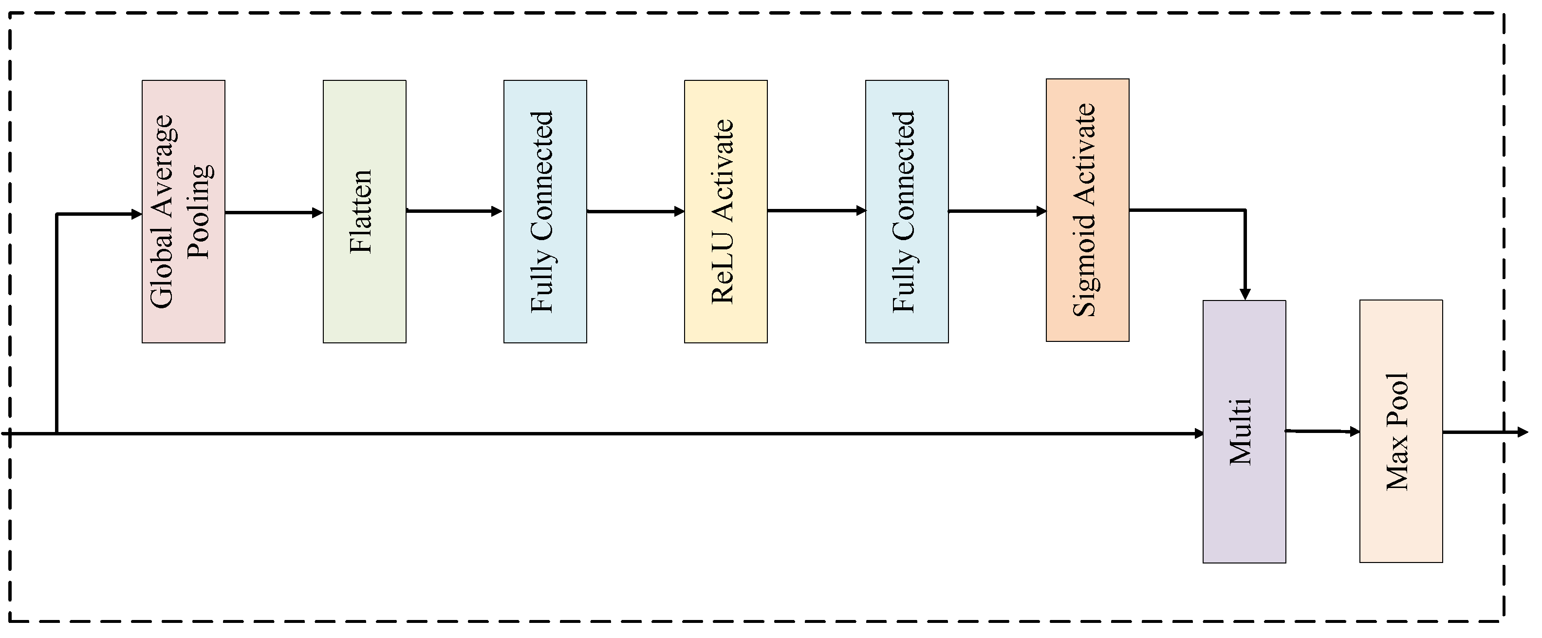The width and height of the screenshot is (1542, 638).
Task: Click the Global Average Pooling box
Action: click(x=183, y=211)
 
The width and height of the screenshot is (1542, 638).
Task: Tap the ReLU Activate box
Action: click(x=725, y=211)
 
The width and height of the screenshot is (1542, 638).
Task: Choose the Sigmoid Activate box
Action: click(x=1087, y=210)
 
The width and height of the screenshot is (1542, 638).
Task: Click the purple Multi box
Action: click(x=1244, y=432)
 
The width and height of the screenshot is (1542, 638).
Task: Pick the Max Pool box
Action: click(x=1401, y=431)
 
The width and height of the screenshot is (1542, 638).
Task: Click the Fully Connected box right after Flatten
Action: click(x=545, y=211)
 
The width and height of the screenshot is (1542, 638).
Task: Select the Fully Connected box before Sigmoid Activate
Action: click(x=906, y=211)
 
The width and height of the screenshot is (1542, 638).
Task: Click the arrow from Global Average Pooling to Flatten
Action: click(x=274, y=212)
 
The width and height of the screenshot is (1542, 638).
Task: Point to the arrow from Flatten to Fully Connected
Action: click(x=454, y=211)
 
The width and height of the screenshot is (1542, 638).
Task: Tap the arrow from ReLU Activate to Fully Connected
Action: click(x=816, y=211)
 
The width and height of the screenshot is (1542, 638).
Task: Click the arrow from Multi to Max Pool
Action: click(x=1322, y=431)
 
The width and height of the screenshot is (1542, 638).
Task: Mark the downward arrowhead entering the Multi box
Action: click(x=1245, y=294)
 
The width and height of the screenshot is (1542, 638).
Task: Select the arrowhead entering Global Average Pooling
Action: click(x=136, y=214)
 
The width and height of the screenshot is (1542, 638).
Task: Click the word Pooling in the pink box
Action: click(x=199, y=211)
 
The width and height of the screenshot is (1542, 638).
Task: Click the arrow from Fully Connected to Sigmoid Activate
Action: click(x=997, y=211)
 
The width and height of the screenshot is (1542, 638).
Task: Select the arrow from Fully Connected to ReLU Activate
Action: click(x=635, y=211)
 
